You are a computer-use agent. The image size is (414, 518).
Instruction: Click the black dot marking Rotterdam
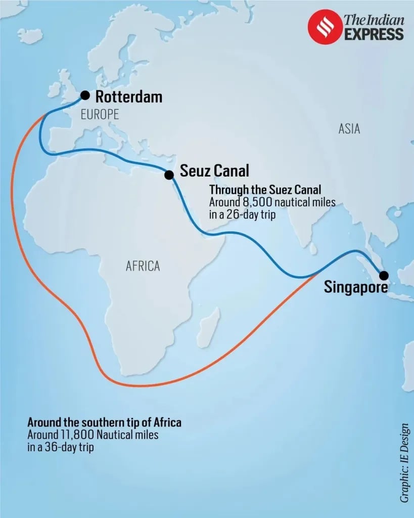[x=85, y=95]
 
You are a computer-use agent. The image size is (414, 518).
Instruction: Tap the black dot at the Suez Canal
[x=169, y=175]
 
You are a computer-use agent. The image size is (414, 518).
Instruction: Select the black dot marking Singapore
[x=384, y=276]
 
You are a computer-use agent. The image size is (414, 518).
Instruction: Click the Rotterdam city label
[x=129, y=96]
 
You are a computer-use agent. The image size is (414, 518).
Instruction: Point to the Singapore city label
[x=356, y=287]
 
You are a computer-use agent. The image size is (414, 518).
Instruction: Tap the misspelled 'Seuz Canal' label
[x=215, y=170]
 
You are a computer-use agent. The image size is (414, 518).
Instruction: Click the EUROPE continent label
[x=100, y=114]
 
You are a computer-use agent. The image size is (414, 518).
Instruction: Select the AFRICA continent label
[x=143, y=266]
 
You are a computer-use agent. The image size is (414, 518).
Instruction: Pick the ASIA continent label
[x=349, y=129]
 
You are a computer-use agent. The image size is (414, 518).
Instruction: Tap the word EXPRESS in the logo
[x=374, y=34]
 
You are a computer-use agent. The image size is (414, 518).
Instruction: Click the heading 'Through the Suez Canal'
[x=265, y=190]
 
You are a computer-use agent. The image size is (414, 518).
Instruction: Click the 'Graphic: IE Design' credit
[x=405, y=463]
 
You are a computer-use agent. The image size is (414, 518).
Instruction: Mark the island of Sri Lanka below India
[x=313, y=248]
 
